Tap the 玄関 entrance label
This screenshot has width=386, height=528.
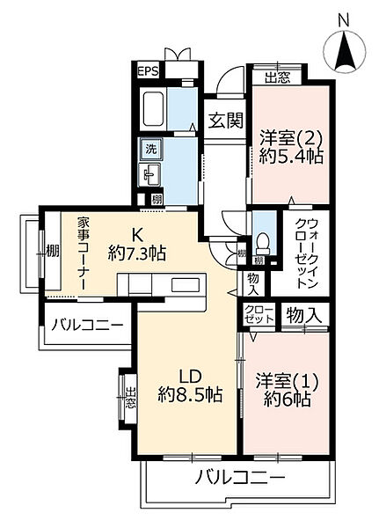[224, 120]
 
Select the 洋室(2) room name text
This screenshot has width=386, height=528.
[290, 138]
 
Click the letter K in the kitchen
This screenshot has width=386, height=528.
[138, 233]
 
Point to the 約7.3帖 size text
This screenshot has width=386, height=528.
[137, 254]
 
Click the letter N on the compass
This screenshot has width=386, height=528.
[345, 18]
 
